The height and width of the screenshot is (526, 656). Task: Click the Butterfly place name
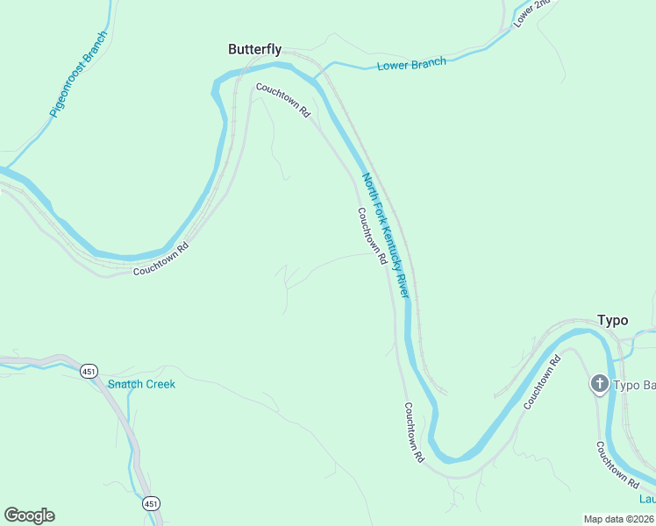(254, 50)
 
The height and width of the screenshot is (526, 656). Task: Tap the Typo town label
(612, 320)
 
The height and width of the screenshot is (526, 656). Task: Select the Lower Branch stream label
(411, 63)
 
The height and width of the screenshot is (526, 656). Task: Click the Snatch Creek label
(141, 384)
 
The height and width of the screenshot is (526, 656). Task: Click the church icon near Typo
(599, 384)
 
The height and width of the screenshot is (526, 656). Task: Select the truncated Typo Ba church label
(634, 385)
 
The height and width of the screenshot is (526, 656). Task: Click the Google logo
(29, 515)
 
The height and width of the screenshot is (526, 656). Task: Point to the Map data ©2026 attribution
(619, 518)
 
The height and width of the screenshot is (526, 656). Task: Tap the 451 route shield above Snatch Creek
(89, 372)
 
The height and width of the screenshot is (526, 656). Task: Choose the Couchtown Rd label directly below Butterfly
(283, 100)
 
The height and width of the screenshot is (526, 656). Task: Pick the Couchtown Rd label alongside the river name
(372, 236)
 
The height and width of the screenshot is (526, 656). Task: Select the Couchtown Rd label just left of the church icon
(542, 383)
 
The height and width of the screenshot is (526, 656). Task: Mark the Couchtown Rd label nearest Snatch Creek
(160, 260)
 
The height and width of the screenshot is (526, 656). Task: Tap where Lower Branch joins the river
(316, 74)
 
